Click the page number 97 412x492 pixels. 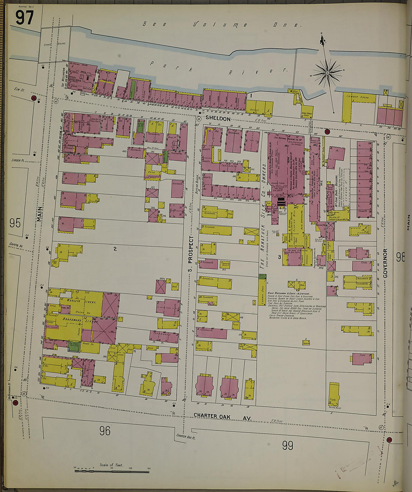point(25,18)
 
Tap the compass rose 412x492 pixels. point(327,71)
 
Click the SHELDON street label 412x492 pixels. point(218,119)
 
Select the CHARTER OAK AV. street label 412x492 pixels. point(222,417)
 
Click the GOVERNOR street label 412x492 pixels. point(385,263)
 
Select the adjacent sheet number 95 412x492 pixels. point(15,223)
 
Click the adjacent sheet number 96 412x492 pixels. point(105,431)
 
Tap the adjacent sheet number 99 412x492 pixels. point(287,446)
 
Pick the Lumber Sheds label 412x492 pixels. point(358,97)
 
